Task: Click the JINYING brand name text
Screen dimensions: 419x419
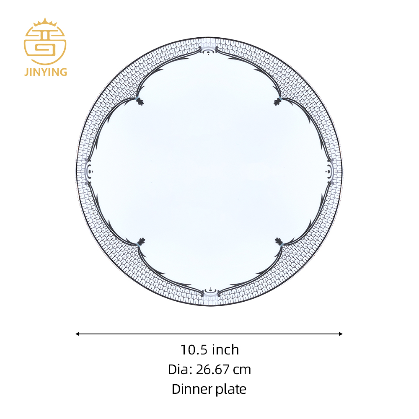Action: (46, 72)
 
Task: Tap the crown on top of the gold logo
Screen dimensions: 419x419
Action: (45, 22)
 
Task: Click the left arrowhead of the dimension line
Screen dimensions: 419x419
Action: (78, 334)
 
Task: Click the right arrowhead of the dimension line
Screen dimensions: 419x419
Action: (341, 334)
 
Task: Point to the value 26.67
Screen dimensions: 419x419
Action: (213, 370)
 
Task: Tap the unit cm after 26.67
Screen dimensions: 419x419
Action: (242, 371)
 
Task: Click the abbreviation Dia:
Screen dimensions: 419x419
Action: (180, 370)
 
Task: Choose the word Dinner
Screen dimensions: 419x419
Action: (192, 389)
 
